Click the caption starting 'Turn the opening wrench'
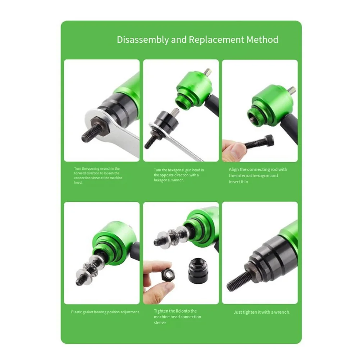[98, 175]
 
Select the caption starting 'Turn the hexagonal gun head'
[179, 175]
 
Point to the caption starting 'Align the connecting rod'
[258, 176]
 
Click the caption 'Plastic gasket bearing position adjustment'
[105, 312]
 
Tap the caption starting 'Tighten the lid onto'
[177, 317]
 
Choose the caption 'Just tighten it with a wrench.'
[262, 312]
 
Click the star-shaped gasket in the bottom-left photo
[88, 266]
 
